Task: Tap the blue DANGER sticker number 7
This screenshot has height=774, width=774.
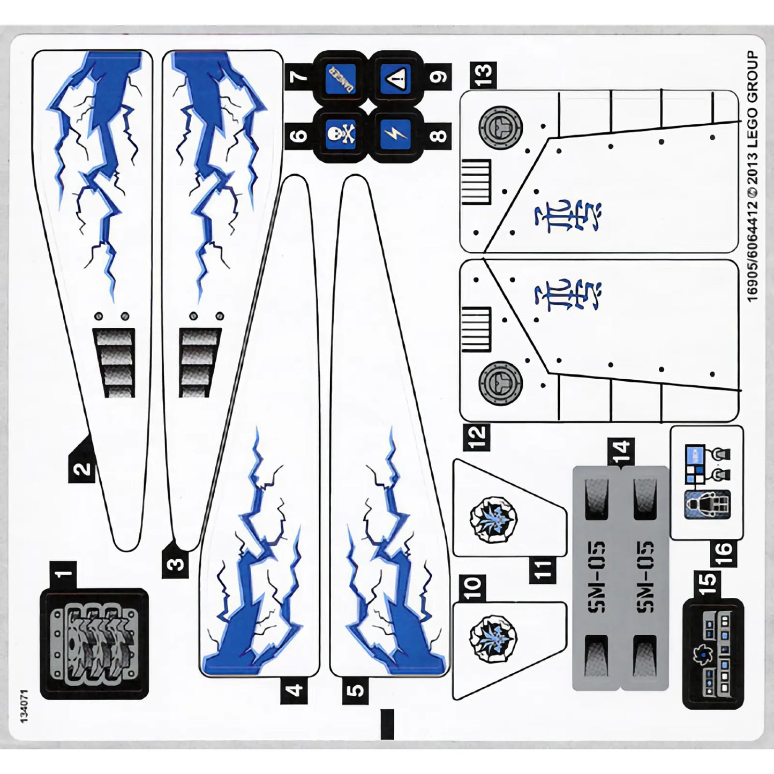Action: coord(341,78)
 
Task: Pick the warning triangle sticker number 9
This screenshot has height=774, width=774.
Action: coord(396,78)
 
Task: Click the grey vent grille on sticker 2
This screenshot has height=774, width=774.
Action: coord(114,363)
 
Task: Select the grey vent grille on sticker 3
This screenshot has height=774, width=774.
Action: coord(200,363)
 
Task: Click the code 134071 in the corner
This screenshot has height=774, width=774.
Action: coord(24,708)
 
